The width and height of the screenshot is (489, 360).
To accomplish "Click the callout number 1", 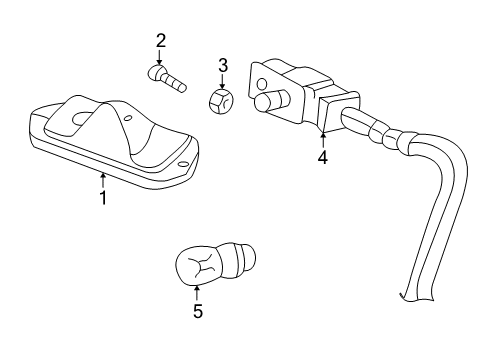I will pos(102,198).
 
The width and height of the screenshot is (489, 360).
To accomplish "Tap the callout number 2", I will pos(160,41).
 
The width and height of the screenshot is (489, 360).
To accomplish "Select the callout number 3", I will pos(222,66).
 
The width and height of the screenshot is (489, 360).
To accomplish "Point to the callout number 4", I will pos(322,157).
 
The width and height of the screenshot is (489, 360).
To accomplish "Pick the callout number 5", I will pos(197,312).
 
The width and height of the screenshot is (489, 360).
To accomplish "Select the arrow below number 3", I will pos(222,82).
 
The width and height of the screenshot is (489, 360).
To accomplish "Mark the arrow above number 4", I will pos(322,138).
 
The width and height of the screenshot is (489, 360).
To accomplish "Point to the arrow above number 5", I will pos(197,293).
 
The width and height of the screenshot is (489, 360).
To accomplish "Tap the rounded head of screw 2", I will pos(155,72).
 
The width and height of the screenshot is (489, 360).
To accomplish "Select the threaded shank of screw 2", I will pos(178,83).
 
